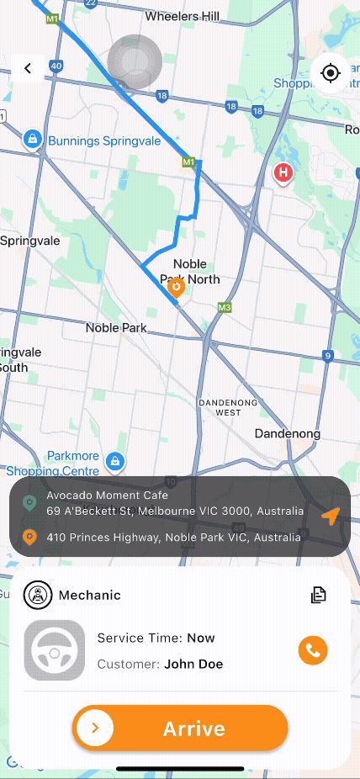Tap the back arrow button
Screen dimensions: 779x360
(x=28, y=69)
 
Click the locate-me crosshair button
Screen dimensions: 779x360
(x=330, y=73)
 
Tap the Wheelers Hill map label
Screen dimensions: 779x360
(x=182, y=16)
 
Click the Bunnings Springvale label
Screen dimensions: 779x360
(x=103, y=140)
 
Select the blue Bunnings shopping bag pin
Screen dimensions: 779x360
(x=32, y=139)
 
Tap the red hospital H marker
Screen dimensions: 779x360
(x=283, y=173)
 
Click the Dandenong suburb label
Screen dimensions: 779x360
(x=288, y=434)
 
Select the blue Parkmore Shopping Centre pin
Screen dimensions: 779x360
(x=115, y=460)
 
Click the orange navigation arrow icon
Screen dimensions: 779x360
(x=331, y=516)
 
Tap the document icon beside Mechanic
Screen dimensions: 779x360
(x=318, y=595)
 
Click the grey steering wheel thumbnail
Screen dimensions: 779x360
(x=55, y=650)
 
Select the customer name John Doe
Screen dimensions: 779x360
(x=193, y=664)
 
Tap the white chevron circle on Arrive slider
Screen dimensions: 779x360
(x=96, y=728)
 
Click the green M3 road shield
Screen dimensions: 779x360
(x=224, y=308)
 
